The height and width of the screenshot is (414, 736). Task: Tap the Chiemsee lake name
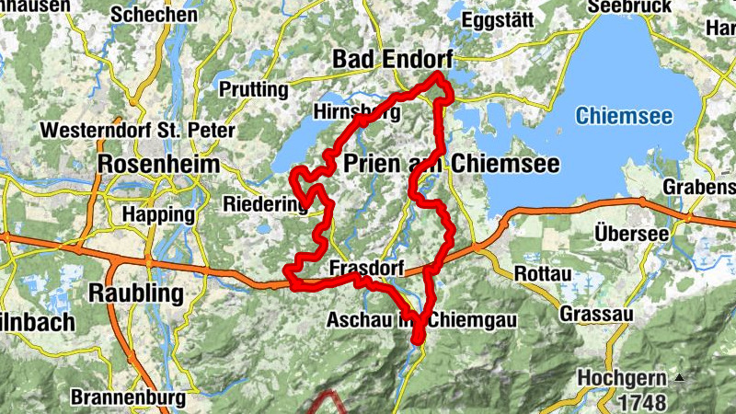coord(624,117)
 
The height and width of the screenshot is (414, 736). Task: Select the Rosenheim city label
coord(158,165)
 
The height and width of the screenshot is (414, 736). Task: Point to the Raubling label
coord(135,293)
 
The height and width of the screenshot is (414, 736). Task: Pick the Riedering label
coord(264,206)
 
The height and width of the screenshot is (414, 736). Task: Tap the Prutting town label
coord(253,89)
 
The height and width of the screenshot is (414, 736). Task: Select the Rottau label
coord(543,275)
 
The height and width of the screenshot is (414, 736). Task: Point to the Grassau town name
coord(597,315)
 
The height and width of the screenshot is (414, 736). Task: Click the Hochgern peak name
coord(623,378)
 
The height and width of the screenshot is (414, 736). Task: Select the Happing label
coord(158,214)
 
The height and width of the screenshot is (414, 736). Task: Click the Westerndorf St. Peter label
coord(137,131)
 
